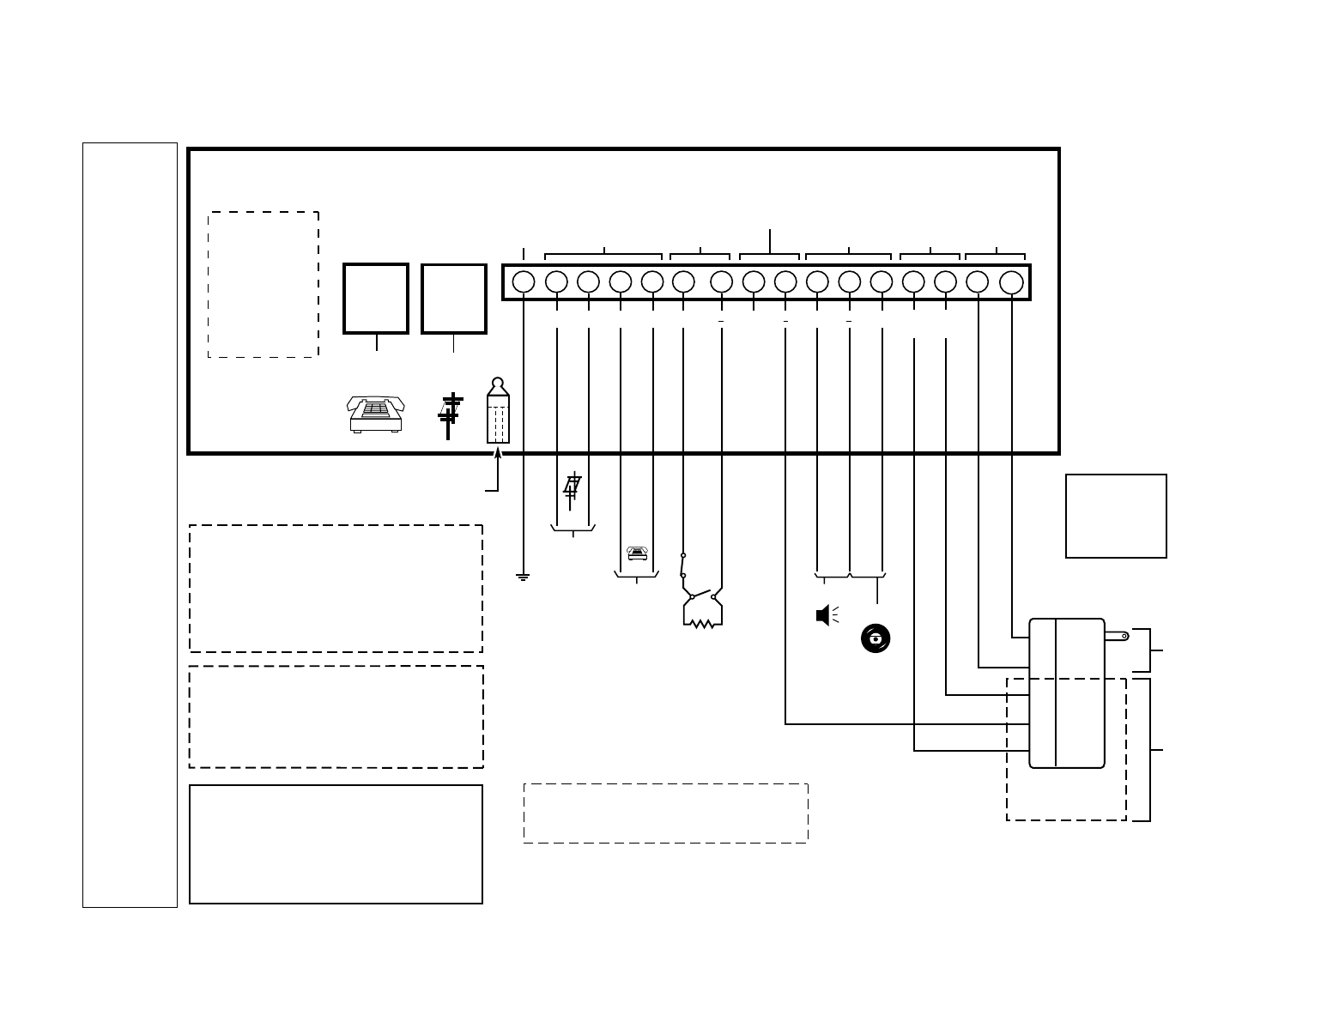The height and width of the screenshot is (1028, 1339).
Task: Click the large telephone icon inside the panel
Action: point(376,414)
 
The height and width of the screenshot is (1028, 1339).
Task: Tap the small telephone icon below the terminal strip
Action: point(637,553)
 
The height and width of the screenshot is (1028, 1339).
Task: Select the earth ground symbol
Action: point(524,577)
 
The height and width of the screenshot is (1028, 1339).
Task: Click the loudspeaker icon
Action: point(824,615)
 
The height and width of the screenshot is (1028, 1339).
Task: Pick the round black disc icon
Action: point(875,638)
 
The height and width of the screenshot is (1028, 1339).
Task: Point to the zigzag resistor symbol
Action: point(703,624)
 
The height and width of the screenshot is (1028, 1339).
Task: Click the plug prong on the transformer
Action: point(1117,636)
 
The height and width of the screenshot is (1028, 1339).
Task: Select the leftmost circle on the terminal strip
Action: point(524,281)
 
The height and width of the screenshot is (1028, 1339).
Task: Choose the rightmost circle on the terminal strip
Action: point(1012,281)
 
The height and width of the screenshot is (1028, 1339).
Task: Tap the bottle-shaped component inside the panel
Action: point(498,412)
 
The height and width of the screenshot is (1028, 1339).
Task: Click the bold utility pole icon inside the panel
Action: point(450,415)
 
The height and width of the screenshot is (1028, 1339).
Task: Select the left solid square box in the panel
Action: point(376,298)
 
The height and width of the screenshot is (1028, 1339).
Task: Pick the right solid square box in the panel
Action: point(454,298)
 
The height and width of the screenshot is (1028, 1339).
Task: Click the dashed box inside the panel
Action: point(264,284)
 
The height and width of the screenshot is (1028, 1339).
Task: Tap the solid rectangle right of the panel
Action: point(1116,516)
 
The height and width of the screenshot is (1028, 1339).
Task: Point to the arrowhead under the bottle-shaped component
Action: point(498,451)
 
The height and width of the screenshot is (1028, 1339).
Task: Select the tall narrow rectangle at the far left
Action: point(130,524)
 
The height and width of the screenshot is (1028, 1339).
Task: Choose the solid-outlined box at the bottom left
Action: point(336,844)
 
